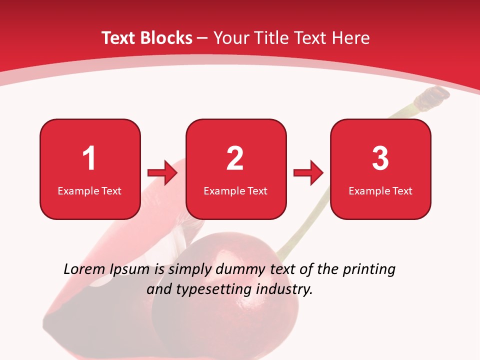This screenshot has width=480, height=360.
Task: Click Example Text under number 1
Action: point(89,191)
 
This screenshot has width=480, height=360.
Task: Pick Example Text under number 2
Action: point(235,191)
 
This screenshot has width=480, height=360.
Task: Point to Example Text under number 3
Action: point(380,191)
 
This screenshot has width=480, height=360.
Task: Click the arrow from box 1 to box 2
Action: point(162,173)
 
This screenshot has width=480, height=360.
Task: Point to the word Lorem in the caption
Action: point(84,269)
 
